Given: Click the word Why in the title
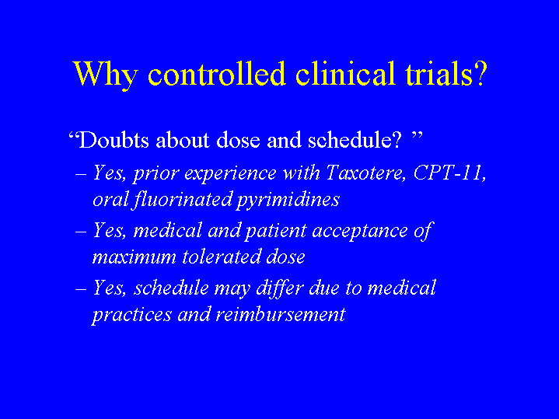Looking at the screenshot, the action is pos(106,75).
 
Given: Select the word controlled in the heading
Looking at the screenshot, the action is pos(217,73).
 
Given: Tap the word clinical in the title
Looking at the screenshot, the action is pos(345,73).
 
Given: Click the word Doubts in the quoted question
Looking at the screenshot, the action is pos(114,139).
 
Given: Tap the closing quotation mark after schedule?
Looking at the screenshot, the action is pos(417,135).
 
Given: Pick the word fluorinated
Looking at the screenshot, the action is pos(183,199).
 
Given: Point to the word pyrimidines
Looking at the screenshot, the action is pos(288,201).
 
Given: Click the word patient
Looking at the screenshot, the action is pos(276,231).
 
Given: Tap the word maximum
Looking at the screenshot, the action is pos(135,257).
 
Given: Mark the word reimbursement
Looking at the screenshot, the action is pos(281,314).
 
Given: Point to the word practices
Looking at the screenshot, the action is pos(132,315).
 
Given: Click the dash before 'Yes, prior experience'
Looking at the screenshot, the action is pos(81,175).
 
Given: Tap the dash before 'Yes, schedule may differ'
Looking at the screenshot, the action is pos(81,289).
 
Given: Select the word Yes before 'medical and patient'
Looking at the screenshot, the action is pos(108,230).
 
